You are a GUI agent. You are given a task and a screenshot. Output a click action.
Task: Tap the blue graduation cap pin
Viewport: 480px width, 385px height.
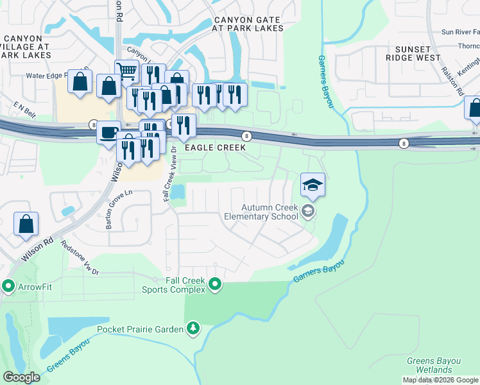point(313,185)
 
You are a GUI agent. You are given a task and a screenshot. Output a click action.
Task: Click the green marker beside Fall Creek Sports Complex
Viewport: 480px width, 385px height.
point(215,284)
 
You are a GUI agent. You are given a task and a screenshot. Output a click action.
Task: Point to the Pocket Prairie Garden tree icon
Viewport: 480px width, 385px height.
point(193,329)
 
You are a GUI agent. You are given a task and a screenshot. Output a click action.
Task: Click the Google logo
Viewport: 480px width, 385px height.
point(21,377)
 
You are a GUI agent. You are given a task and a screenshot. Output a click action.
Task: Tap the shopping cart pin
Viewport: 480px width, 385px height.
point(127,72)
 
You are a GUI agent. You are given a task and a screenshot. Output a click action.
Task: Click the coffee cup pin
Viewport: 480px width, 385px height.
point(108,132)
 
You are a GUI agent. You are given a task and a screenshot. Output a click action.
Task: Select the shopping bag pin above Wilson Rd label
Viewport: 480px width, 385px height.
point(26,225)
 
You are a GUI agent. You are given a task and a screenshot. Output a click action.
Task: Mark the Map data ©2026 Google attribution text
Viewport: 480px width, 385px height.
point(441,380)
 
